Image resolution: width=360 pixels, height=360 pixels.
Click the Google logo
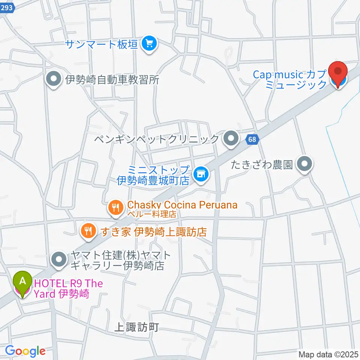(x=25, y=351)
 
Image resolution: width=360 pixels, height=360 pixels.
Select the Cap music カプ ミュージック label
(x=289, y=79)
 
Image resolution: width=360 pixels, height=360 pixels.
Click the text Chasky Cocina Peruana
(x=182, y=205)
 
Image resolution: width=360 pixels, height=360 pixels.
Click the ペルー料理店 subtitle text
(x=151, y=214)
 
